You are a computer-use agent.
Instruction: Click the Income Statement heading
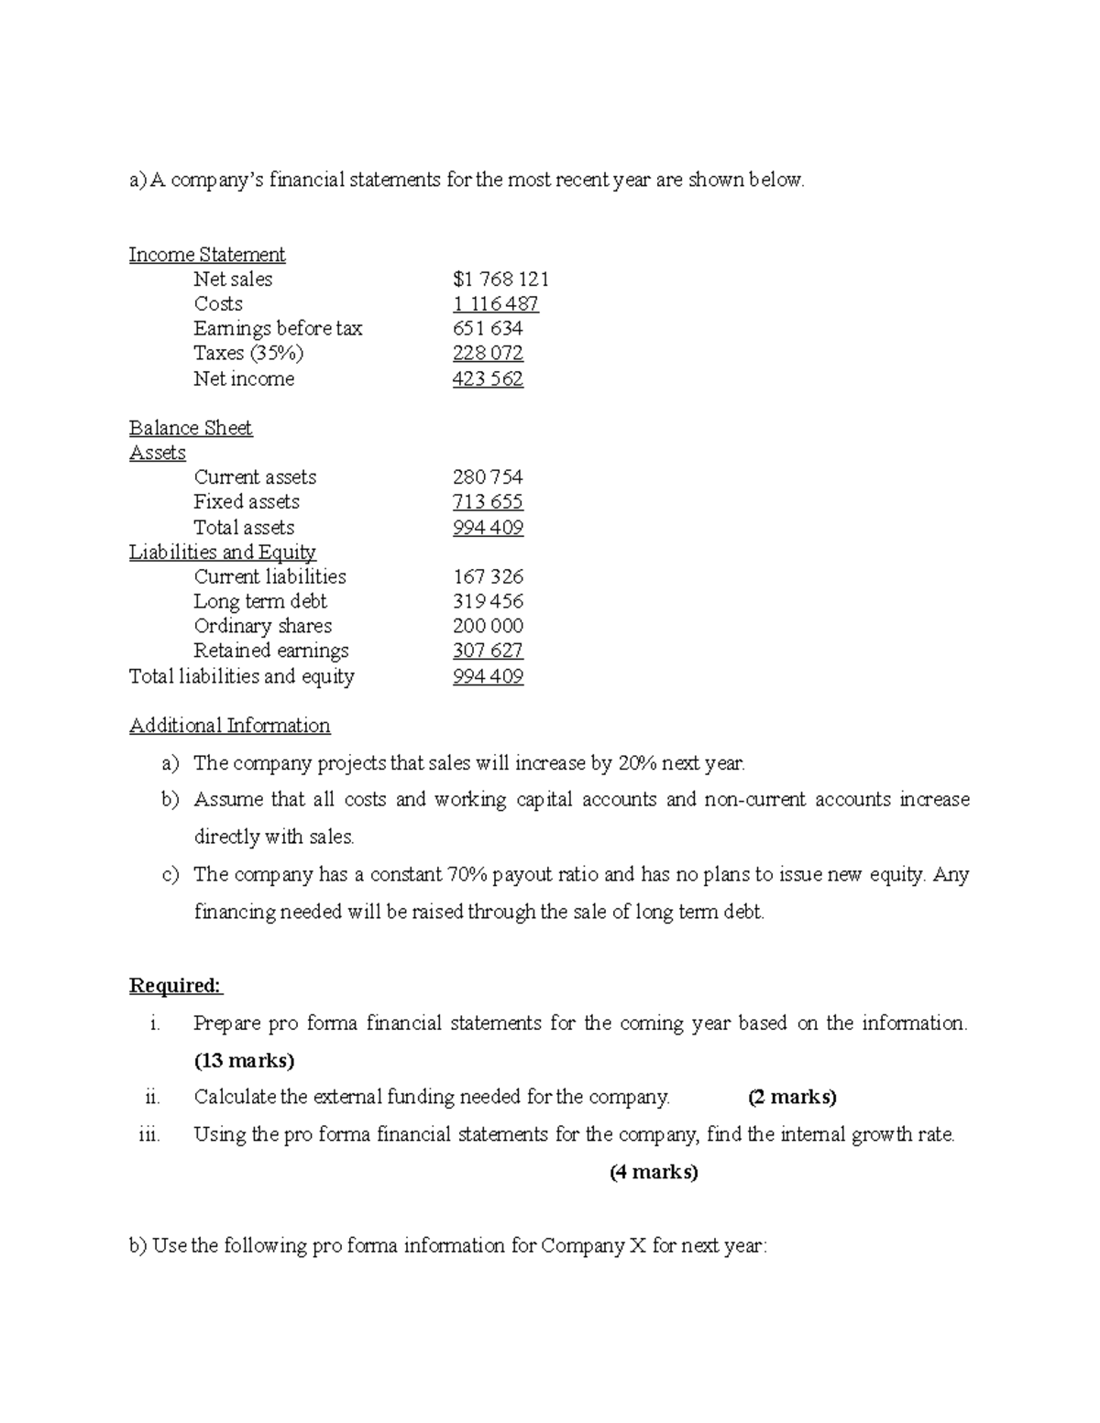[206, 255]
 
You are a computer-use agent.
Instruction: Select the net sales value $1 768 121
[500, 279]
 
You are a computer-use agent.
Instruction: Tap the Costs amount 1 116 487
[495, 304]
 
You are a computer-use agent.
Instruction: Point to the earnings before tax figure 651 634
[488, 329]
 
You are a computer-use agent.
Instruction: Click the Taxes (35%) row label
[248, 354]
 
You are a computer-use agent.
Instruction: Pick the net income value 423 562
[488, 379]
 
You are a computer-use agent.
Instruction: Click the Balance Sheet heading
[191, 428]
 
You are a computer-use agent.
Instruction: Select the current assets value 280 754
[488, 477]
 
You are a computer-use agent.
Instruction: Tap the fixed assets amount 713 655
[488, 502]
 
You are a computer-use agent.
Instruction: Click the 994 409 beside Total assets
[488, 528]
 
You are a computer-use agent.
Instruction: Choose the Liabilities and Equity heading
[223, 552]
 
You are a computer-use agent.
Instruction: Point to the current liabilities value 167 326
[488, 577]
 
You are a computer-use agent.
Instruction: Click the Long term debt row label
[260, 602]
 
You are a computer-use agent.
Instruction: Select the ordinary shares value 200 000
[488, 627]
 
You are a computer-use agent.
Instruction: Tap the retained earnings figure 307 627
[488, 651]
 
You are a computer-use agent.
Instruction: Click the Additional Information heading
[229, 726]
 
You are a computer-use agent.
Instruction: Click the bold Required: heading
[175, 986]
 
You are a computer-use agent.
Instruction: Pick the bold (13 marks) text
[244, 1061]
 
